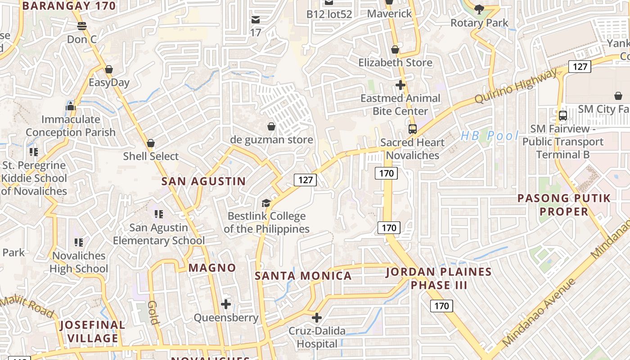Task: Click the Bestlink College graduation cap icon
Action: [x=266, y=203]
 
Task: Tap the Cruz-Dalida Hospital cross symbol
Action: [x=317, y=318]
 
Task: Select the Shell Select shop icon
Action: [x=151, y=143]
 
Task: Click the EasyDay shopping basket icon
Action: [x=108, y=69]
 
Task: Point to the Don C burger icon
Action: [x=81, y=26]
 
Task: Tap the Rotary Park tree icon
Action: [x=479, y=9]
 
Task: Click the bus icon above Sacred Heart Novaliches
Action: [x=412, y=129]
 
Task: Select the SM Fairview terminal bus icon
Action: [x=562, y=116]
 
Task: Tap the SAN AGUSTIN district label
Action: [x=203, y=181]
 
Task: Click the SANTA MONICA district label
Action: [x=303, y=276]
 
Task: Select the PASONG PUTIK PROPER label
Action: [x=564, y=205]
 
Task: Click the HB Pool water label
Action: [x=490, y=135]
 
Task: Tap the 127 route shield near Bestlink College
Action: [x=306, y=180]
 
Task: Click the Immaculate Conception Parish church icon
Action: [x=70, y=106]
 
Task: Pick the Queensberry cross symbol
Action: [x=226, y=304]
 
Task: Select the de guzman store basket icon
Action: [x=271, y=126]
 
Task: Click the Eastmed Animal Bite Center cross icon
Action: [x=400, y=85]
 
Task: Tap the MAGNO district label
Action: [x=212, y=268]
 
